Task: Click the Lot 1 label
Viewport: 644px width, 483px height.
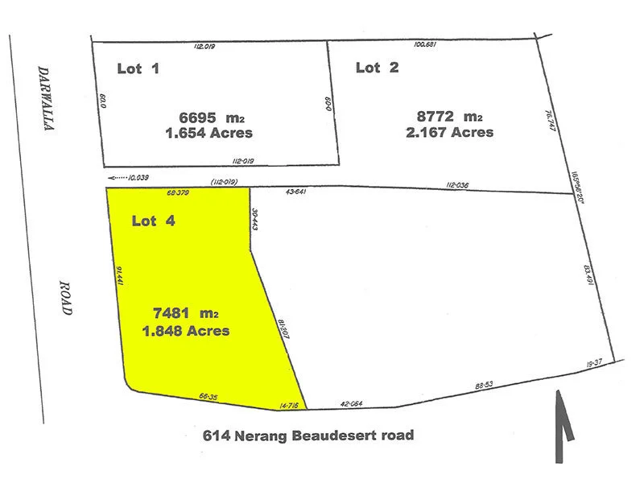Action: click(x=138, y=68)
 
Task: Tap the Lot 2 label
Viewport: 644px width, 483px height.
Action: click(x=377, y=68)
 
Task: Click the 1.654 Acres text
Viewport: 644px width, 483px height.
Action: click(x=208, y=133)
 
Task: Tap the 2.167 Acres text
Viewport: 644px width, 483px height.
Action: click(x=450, y=132)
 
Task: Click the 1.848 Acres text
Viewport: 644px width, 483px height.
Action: click(x=186, y=330)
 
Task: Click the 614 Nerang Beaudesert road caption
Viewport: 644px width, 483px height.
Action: click(x=308, y=436)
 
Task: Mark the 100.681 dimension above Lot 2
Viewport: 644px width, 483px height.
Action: click(x=424, y=44)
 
